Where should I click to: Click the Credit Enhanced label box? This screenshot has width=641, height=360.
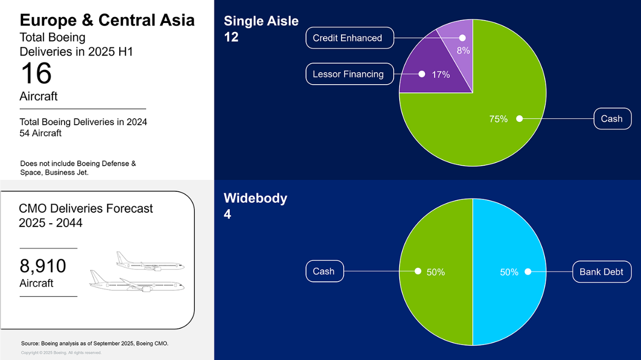[x=350, y=38]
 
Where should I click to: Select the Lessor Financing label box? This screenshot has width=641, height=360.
[x=350, y=74]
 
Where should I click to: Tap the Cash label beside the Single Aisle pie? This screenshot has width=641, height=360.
[x=612, y=119]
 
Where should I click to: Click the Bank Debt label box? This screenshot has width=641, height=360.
[x=602, y=271]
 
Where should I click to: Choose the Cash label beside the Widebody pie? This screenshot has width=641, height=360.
[x=325, y=271]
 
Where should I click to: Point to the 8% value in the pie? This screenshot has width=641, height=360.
[x=463, y=51]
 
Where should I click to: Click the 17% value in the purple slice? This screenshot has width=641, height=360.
[x=441, y=75]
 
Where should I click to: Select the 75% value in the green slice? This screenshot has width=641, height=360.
[x=498, y=119]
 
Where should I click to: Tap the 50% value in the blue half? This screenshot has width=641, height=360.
[x=509, y=272]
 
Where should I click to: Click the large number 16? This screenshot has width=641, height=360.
[x=36, y=73]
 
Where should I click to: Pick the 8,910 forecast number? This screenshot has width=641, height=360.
[x=43, y=265]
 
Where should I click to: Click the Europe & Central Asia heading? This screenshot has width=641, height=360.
[x=107, y=20]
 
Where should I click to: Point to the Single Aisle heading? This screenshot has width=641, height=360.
[x=261, y=21]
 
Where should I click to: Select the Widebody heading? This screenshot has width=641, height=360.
[x=255, y=198]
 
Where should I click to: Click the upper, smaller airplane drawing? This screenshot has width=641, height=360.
[x=150, y=261]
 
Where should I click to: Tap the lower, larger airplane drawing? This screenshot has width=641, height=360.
[x=137, y=281]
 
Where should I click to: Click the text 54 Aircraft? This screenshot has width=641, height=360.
[x=41, y=133]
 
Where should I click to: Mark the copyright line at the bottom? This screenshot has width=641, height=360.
[x=61, y=352]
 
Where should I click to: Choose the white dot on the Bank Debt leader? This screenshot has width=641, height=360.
[x=528, y=271]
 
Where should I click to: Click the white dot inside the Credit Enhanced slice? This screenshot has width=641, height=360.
[x=462, y=38]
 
